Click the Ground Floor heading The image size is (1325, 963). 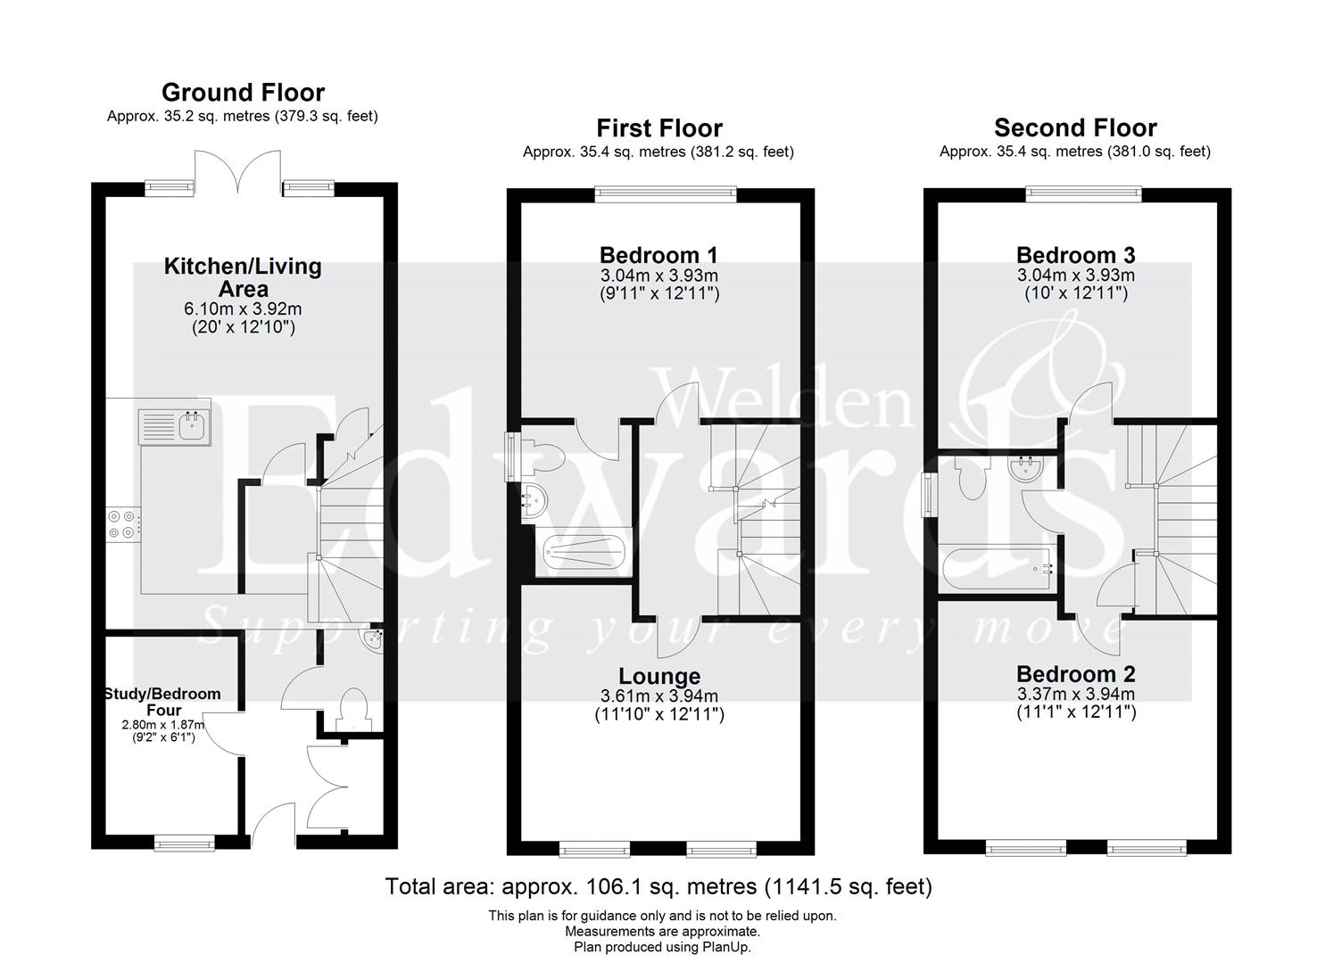[x=243, y=92]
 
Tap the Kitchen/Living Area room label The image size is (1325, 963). [x=243, y=276]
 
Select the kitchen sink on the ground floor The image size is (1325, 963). [x=174, y=426]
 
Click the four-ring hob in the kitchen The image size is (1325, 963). [x=123, y=523]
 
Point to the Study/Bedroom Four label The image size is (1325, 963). [x=162, y=702]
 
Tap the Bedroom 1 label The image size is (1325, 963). [x=658, y=256]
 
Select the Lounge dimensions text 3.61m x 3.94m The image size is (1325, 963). [x=658, y=696]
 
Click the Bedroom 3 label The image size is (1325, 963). [x=1075, y=256]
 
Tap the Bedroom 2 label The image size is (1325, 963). [x=1075, y=674]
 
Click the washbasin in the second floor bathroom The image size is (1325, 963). [x=1027, y=469]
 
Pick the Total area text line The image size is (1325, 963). [x=658, y=886]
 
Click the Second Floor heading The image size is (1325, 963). [x=1075, y=128]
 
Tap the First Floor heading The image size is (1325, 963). [x=658, y=128]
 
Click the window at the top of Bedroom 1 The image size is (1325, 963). [x=666, y=190]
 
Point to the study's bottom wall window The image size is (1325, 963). [x=185, y=841]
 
